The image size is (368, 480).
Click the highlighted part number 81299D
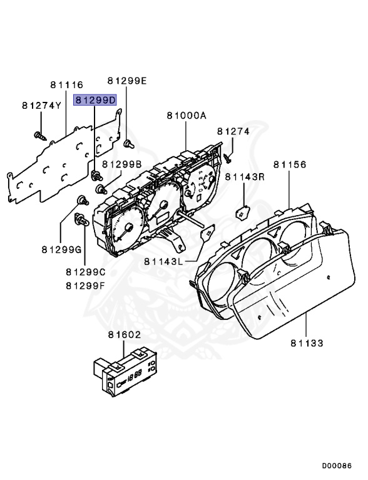[x=95, y=100]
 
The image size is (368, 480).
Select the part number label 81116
[x=66, y=84]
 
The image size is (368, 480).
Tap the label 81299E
[x=126, y=81]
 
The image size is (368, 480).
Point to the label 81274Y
[x=41, y=106]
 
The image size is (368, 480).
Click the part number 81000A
[x=187, y=116]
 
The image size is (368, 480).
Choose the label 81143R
[x=245, y=177]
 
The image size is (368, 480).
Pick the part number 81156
[x=289, y=165]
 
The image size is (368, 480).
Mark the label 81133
[x=307, y=342]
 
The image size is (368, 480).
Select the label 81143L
[x=163, y=261]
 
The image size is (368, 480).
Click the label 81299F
[x=86, y=286]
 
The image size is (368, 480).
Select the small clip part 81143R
[x=242, y=212]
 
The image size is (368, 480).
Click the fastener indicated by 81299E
[x=128, y=144]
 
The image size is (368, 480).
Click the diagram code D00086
[x=337, y=466]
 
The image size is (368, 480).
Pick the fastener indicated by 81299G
[x=81, y=200]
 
